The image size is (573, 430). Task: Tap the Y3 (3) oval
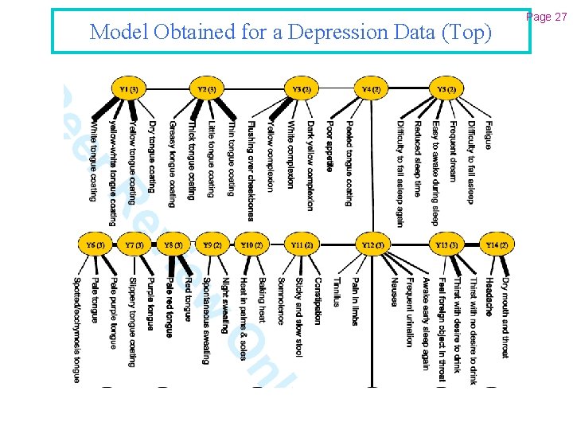[302, 88]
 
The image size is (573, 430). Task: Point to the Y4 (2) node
[371, 88]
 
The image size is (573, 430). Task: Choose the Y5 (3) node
[446, 88]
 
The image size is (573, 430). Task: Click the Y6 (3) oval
[95, 244]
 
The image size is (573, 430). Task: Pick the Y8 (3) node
[173, 244]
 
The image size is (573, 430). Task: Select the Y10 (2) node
[252, 244]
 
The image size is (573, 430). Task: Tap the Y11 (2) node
[302, 244]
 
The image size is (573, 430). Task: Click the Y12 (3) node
[372, 244]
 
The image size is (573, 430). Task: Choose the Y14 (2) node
[497, 244]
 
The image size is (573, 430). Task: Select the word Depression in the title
[327, 33]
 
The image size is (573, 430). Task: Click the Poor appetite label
[329, 147]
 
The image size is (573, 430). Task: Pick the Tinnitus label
[336, 292]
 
